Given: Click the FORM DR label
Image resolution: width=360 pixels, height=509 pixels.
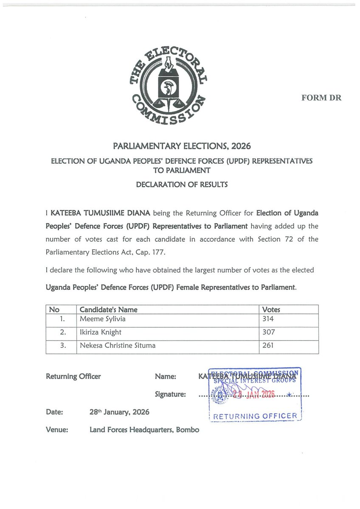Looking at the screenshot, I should [x=321, y=98].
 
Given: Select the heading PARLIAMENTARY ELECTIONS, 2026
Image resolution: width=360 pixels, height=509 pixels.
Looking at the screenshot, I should [x=182, y=146].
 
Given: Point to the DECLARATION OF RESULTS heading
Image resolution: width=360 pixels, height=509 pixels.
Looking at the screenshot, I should [x=182, y=185].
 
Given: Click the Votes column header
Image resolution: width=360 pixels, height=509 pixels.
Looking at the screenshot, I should [x=271, y=310].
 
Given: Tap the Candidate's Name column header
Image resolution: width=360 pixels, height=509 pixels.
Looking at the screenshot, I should [x=109, y=310].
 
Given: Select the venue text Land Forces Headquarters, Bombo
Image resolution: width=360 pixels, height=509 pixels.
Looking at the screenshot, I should [x=144, y=430].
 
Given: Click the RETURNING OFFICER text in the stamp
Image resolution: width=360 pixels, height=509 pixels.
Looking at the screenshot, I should [x=255, y=416].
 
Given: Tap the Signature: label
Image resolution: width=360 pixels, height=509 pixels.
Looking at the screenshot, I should [x=170, y=394].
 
